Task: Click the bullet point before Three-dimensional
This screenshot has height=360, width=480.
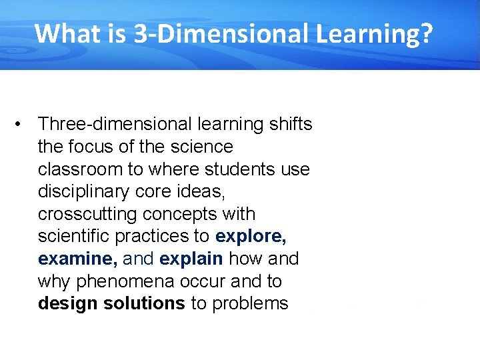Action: [x=23, y=124]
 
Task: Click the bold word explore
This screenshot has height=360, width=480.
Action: [x=251, y=237]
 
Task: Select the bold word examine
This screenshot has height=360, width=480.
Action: [x=76, y=259]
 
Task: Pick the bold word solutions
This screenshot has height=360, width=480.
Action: [x=143, y=304]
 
